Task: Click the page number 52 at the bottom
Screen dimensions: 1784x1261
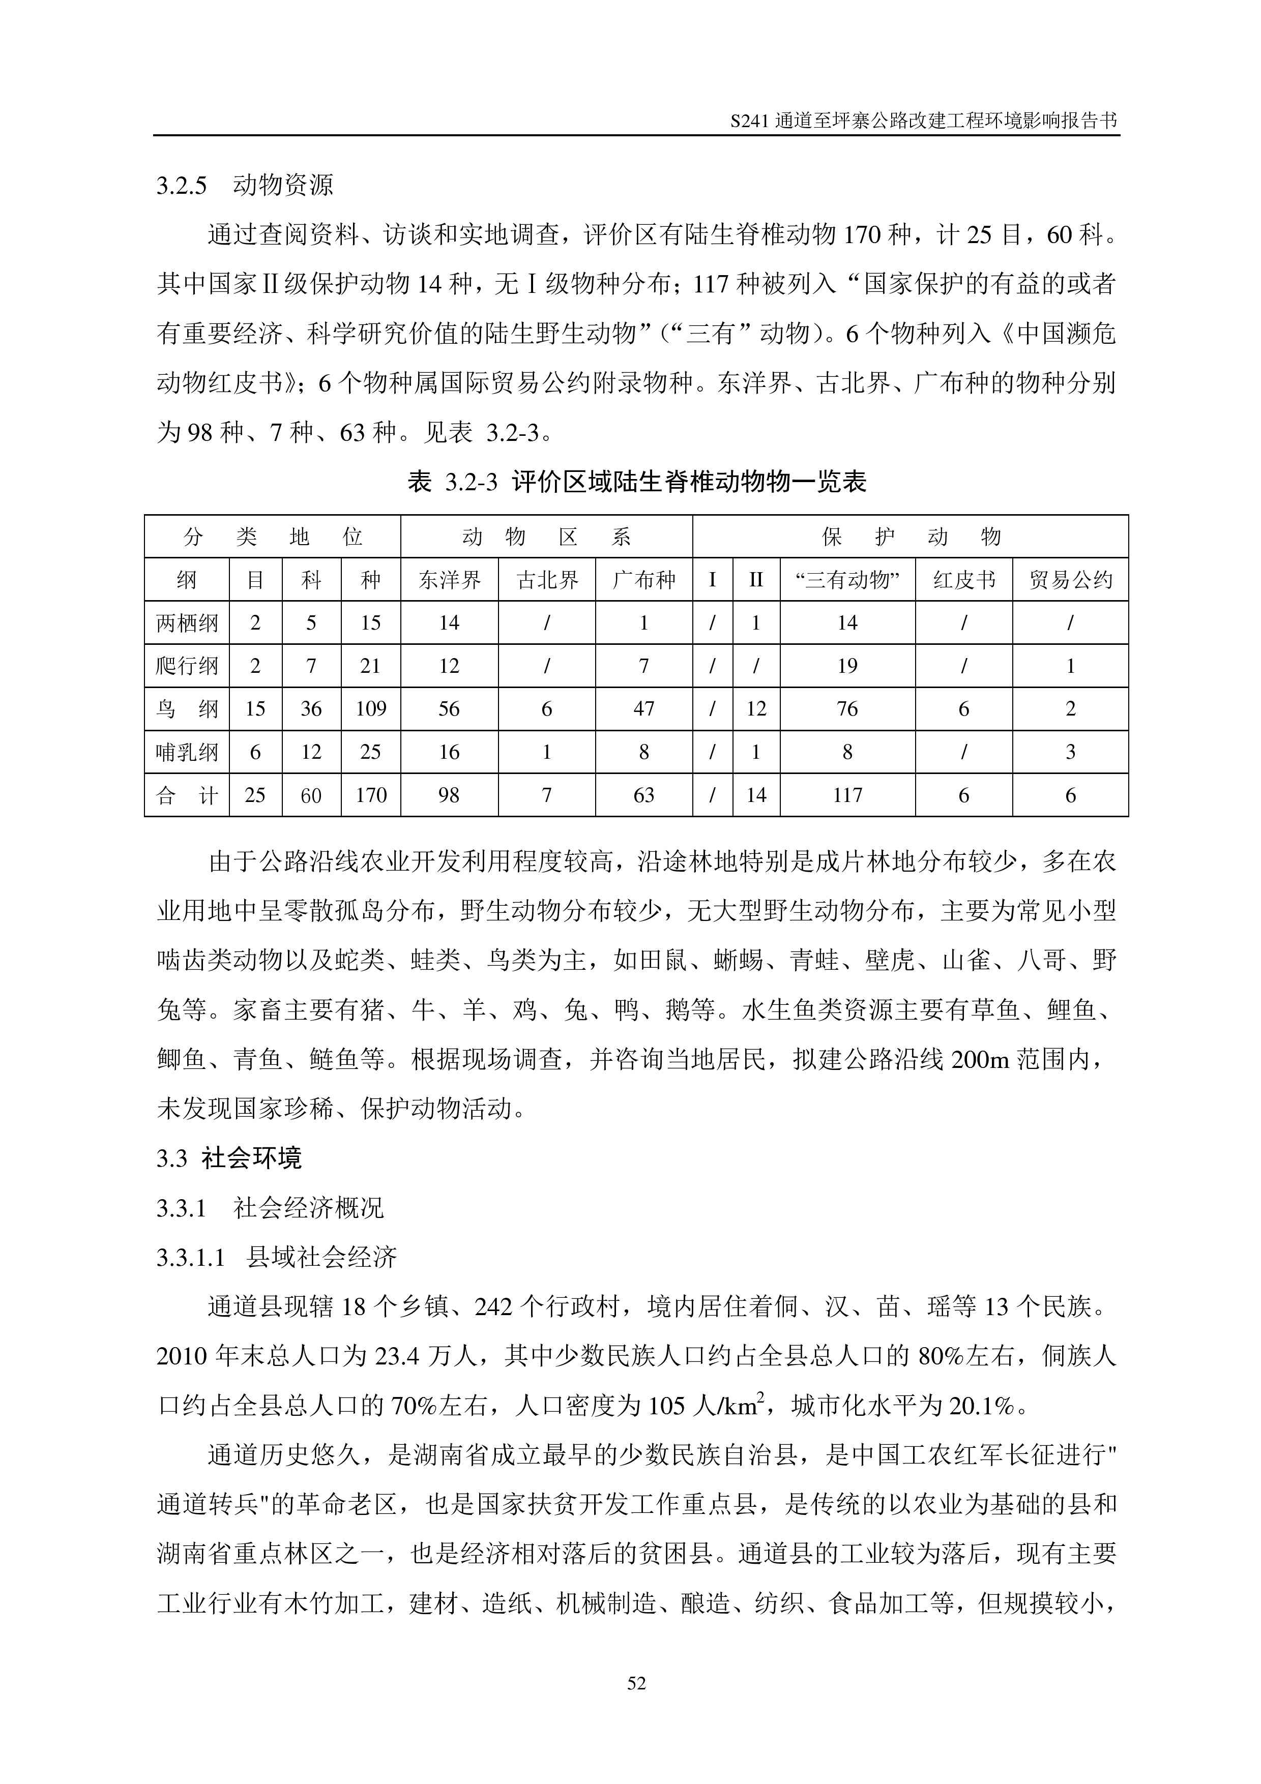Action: (636, 1683)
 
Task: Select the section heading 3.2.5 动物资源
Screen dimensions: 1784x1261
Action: (245, 185)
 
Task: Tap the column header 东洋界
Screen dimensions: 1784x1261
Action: (449, 580)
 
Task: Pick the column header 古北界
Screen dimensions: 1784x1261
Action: (547, 580)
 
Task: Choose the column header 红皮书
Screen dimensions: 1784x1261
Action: (963, 580)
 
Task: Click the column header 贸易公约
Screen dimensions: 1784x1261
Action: (1070, 580)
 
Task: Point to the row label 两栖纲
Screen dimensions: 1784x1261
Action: (187, 623)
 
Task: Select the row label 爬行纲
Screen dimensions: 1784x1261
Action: (187, 666)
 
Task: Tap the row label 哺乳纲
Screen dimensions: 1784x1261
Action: (187, 752)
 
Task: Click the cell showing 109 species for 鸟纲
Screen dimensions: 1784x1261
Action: (371, 708)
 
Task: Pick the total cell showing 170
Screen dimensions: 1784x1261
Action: (371, 795)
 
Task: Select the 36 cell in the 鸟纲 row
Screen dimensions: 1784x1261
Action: (311, 708)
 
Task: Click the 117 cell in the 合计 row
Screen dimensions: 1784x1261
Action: (847, 795)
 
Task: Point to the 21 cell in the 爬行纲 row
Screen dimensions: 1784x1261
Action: (371, 666)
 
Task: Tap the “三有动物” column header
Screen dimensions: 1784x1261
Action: (847, 580)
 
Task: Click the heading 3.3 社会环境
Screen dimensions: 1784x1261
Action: (229, 1158)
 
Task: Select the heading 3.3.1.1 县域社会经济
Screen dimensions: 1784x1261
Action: (277, 1257)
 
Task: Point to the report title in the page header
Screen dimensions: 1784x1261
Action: (924, 121)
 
